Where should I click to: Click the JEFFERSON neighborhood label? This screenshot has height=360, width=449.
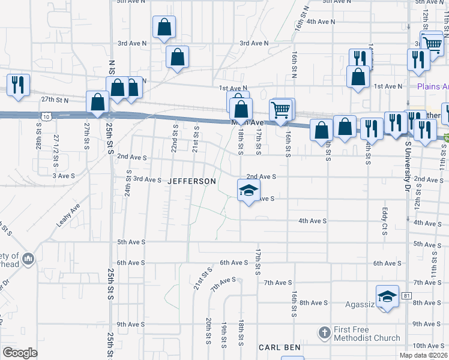pos(191,181)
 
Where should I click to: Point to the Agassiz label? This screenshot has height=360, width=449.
pos(360,304)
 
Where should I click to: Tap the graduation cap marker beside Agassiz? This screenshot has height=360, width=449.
pos(387,296)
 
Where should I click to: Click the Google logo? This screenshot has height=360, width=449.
pos(20,353)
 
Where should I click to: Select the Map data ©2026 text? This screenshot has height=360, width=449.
pos(424,355)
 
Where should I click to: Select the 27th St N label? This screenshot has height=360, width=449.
pos(55,99)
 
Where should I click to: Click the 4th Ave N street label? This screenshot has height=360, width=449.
pos(320,21)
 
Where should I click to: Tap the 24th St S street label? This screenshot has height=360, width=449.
pos(128,183)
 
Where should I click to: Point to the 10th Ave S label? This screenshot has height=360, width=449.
pos(428,346)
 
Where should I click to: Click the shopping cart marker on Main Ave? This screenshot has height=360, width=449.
pos(280,111)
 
